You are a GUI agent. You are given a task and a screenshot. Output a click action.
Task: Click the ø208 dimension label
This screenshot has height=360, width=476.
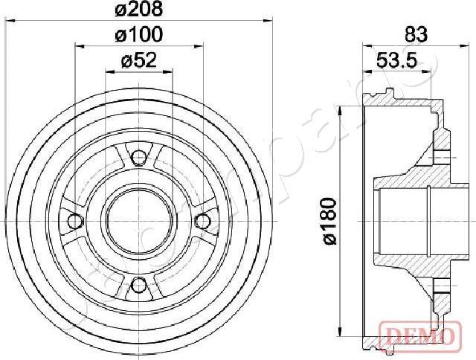coord(138,10)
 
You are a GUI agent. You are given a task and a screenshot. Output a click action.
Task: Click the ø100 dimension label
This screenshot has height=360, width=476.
coord(138,35)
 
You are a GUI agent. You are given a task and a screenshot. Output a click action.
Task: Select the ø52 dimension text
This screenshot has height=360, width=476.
coord(138,62)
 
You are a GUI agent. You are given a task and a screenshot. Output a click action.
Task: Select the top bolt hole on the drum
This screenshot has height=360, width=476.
coord(138,156)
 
